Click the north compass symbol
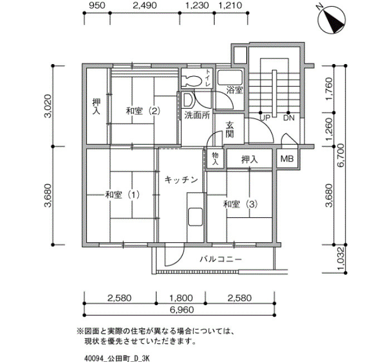click(x=332, y=19)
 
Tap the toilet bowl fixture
click(x=192, y=80)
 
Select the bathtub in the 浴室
click(x=230, y=78)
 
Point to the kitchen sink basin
click(x=195, y=217)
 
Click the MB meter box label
click(x=287, y=159)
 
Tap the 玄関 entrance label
click(x=230, y=129)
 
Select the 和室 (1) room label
click(x=123, y=195)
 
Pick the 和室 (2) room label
click(x=143, y=111)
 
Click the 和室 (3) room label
click(x=240, y=204)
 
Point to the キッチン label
click(x=181, y=179)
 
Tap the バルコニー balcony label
click(x=221, y=260)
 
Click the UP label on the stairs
click(x=265, y=118)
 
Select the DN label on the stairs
click(x=289, y=118)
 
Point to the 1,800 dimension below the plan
click(x=181, y=298)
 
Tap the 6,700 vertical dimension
click(x=340, y=155)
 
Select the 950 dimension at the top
click(x=97, y=6)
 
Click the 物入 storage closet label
click(x=215, y=159)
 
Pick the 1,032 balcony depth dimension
click(x=341, y=259)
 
